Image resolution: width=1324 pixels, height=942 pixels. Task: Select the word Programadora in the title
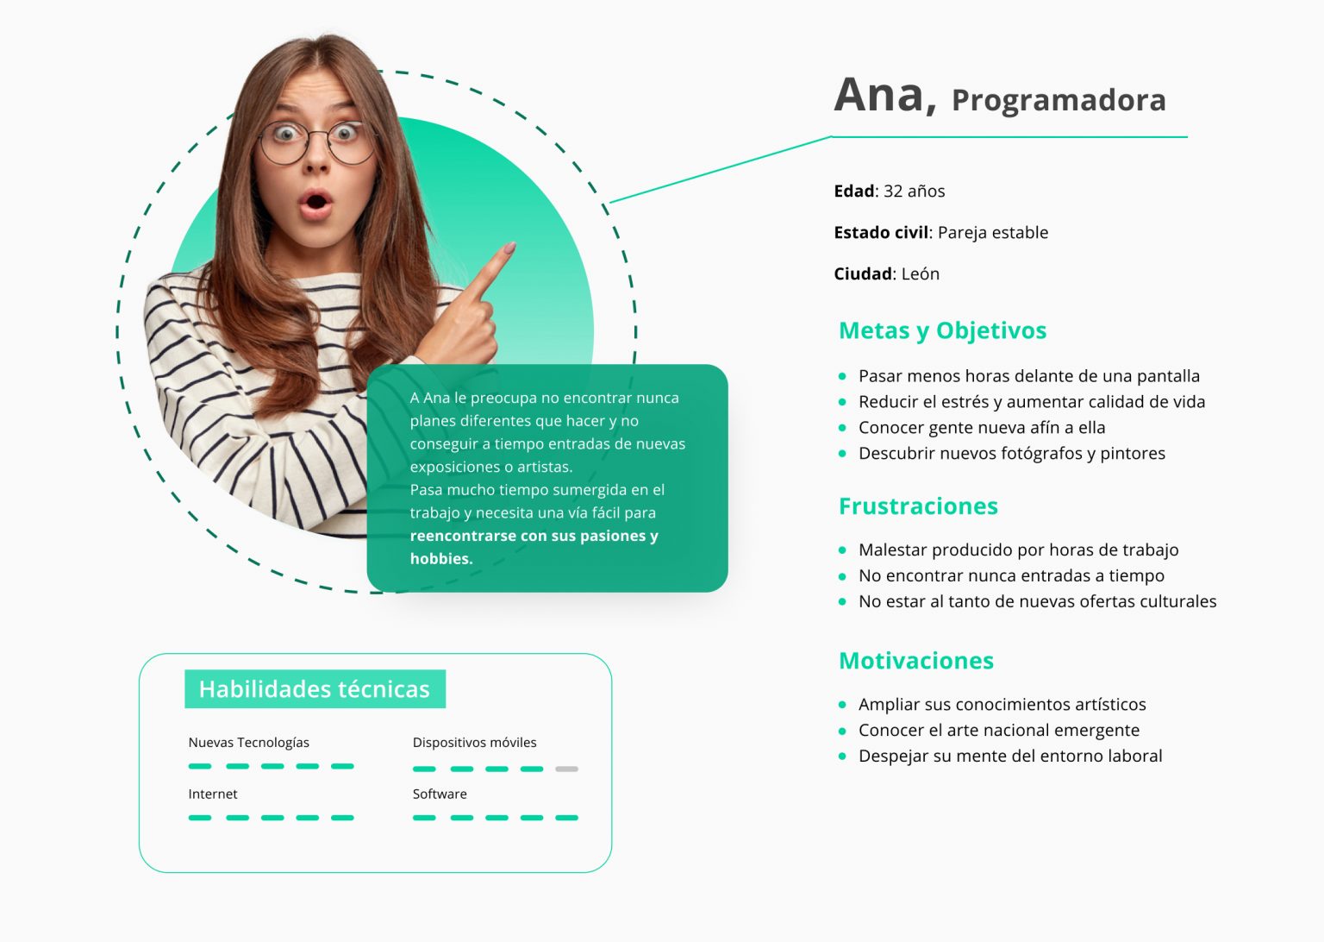coord(1059,101)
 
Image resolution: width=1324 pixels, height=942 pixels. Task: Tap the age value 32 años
coord(914,192)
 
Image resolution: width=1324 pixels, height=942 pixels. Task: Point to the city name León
coord(921,274)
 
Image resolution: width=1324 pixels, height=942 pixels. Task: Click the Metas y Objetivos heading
coord(942,330)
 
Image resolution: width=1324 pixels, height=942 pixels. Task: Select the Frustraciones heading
coord(918,506)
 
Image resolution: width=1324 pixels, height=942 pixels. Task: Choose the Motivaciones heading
coord(916,660)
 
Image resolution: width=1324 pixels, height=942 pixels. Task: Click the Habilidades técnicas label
coord(315,689)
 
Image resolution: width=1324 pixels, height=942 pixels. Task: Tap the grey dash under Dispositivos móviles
coord(566,769)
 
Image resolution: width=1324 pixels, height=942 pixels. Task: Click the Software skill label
coord(439,794)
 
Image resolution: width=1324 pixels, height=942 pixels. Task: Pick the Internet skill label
coord(213,794)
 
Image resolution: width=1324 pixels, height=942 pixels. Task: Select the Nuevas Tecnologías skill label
coord(249,743)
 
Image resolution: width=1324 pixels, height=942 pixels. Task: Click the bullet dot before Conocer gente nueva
coord(842,428)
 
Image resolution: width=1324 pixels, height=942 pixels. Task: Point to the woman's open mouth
coord(315,202)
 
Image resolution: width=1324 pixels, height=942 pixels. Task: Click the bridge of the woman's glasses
coord(317,135)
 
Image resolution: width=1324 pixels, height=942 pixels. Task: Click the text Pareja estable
coord(993,233)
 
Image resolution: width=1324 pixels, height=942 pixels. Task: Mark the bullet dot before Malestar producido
coord(842,550)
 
